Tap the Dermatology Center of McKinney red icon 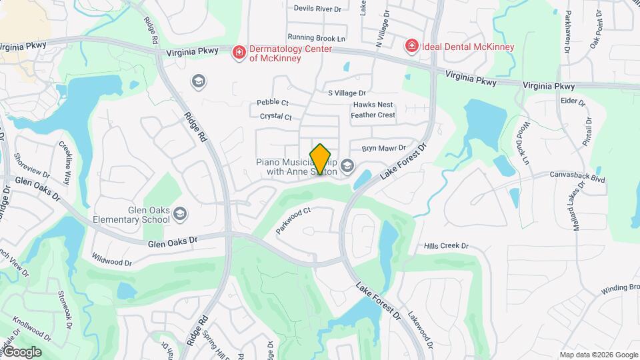[x=238, y=52]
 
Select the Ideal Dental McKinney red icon [x=412, y=46]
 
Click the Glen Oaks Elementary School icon [x=179, y=214]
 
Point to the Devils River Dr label [x=317, y=9]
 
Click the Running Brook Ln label [x=317, y=38]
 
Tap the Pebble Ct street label [x=273, y=103]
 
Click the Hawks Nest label [x=373, y=105]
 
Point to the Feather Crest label [x=373, y=115]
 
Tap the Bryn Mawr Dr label [x=383, y=148]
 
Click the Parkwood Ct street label [x=294, y=221]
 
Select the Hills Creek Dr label [x=447, y=246]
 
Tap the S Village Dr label [x=347, y=93]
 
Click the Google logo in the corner [x=21, y=352]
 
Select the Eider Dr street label [x=573, y=102]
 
